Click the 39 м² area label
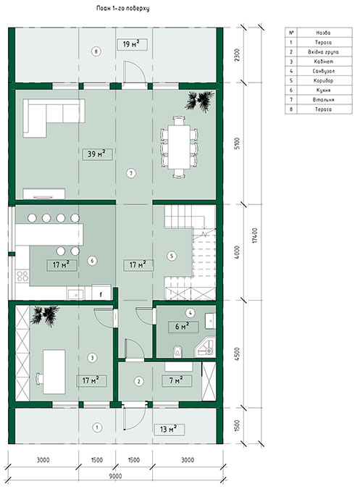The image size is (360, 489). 97,154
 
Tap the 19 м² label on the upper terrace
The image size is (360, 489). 132,45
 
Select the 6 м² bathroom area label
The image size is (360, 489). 183,327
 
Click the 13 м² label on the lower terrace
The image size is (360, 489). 169,430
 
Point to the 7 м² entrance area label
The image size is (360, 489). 177,381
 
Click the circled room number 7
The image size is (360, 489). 131,173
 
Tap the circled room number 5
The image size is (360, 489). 172,256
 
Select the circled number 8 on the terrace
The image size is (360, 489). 96,51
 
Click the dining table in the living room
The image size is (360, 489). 179,147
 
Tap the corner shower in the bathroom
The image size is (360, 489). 205,348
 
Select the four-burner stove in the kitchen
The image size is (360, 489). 22,276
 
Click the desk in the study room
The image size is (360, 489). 54,372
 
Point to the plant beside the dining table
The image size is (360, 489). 199,101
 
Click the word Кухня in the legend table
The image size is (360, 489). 323,90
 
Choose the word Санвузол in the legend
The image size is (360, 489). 324,71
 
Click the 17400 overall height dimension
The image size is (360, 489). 255,235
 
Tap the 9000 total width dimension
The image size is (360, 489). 116,476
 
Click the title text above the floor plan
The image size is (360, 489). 123,9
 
